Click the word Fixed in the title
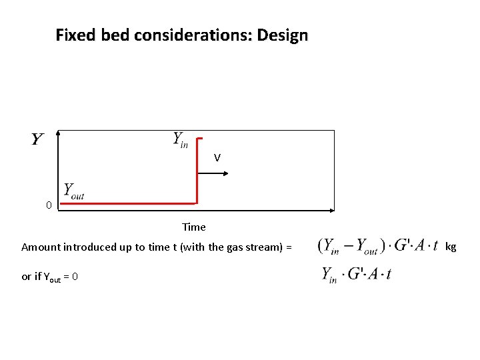[76, 35]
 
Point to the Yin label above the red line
[180, 139]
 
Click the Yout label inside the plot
[73, 191]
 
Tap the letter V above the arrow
[217, 158]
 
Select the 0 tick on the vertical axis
[49, 205]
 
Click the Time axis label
[194, 227]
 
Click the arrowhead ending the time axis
[331, 211]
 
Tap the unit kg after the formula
[451, 247]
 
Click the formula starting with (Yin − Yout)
[378, 246]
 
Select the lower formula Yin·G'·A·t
[357, 274]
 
